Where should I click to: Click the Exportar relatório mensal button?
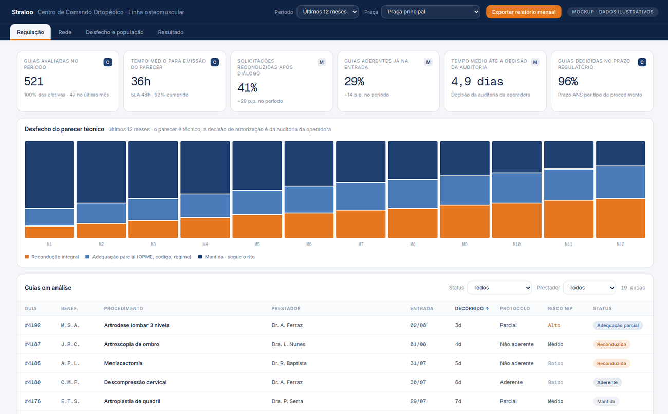[524, 12]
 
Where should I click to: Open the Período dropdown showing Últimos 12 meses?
[327, 12]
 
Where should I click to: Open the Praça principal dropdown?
[431, 12]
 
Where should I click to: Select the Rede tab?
[65, 32]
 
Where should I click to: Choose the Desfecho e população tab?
[115, 32]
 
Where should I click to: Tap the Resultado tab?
[171, 32]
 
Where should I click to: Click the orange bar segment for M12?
[620, 218]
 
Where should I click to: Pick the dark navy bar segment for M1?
[49, 174]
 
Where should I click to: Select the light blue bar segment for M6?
[309, 200]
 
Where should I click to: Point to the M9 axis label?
[465, 244]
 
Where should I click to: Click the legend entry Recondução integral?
[52, 257]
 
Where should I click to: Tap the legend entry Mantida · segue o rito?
[226, 257]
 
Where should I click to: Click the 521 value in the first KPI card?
[34, 81]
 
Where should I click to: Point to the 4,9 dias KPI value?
[477, 81]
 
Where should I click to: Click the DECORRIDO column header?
[472, 309]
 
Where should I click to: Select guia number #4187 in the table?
[32, 344]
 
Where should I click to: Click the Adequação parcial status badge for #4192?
[618, 325]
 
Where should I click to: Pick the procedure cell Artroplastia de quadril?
[132, 401]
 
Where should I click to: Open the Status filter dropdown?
[499, 288]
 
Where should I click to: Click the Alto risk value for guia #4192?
[554, 325]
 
